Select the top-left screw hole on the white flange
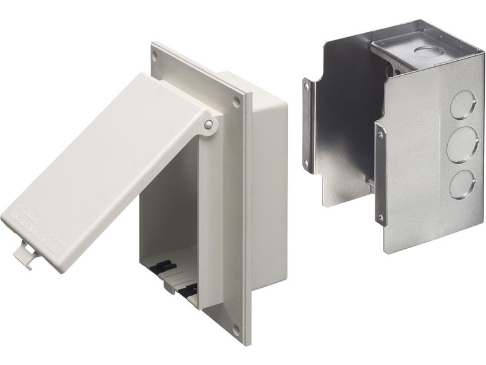156,55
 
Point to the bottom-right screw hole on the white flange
236,329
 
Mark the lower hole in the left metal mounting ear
306,163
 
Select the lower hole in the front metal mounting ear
380,216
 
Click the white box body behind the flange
267,182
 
